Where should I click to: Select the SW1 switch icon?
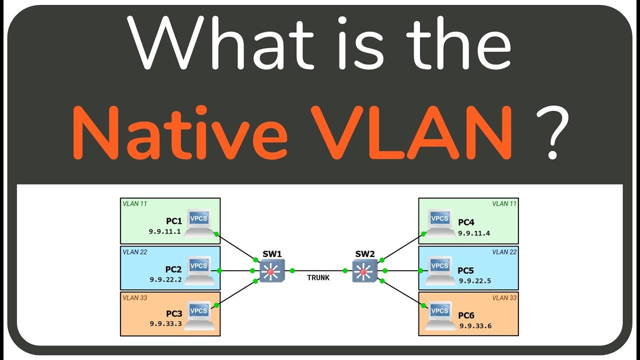point(271,271)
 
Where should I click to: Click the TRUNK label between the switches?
point(318,277)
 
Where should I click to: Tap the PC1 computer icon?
point(199,223)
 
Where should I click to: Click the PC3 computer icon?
point(199,316)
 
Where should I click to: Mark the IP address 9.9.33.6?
point(475,325)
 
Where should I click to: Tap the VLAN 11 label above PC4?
point(504,203)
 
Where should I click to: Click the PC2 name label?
point(174,269)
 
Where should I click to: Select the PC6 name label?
point(466,315)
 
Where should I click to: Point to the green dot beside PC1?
point(216,233)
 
